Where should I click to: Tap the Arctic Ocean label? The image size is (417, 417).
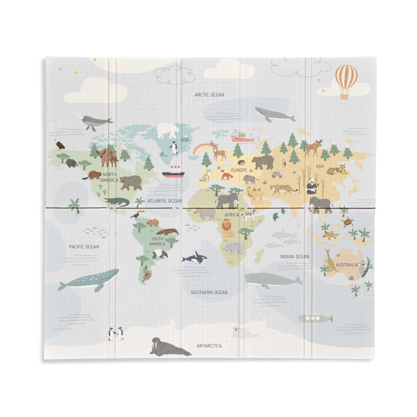[x=209, y=95]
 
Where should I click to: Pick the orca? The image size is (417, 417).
[x=195, y=257]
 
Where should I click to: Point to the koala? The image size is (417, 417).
[x=364, y=266]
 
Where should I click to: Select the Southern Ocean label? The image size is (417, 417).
[x=209, y=292]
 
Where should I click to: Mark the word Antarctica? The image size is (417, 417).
[x=209, y=346]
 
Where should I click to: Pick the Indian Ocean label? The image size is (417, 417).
[x=294, y=256]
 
